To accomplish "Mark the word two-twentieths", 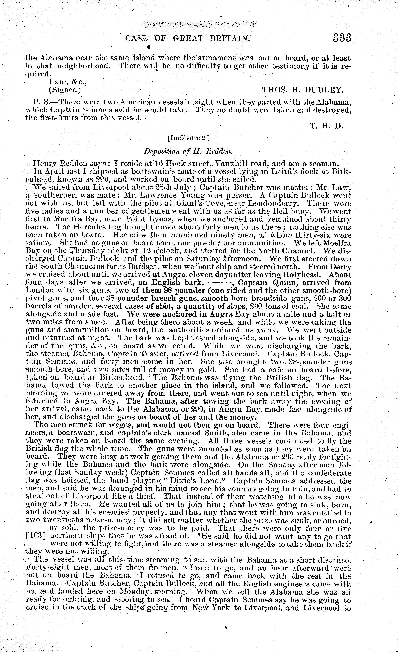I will point(54,520).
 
